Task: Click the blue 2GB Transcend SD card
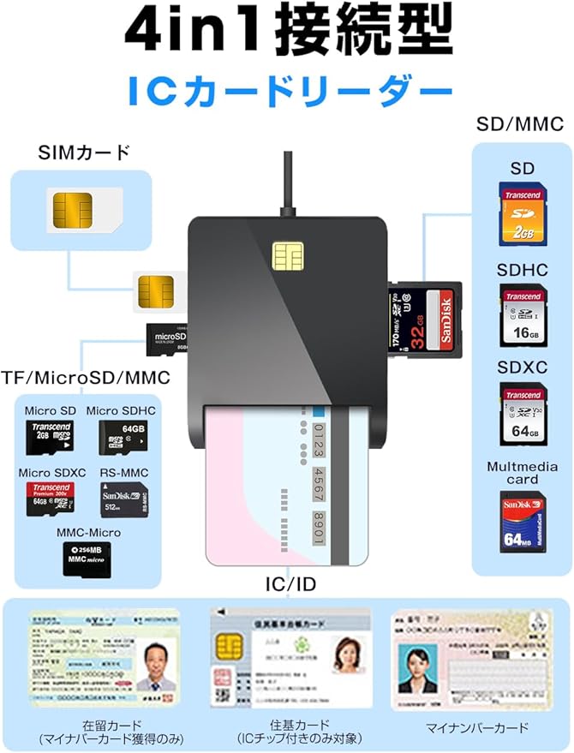(x=522, y=214)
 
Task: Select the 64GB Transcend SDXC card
(x=522, y=415)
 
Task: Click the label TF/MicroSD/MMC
(x=86, y=377)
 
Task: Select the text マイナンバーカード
(x=477, y=728)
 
